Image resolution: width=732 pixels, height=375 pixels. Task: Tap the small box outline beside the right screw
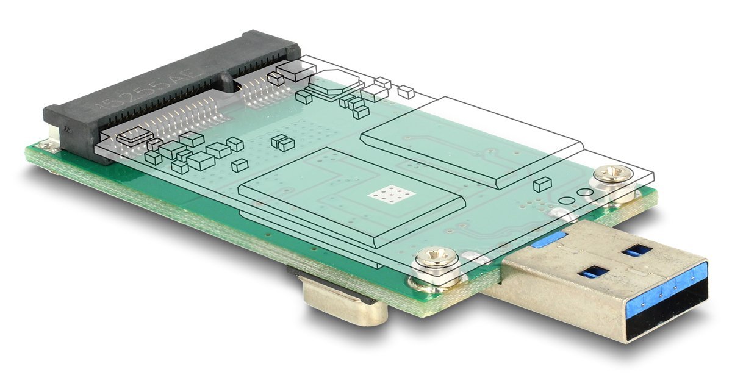[x=542, y=184]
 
